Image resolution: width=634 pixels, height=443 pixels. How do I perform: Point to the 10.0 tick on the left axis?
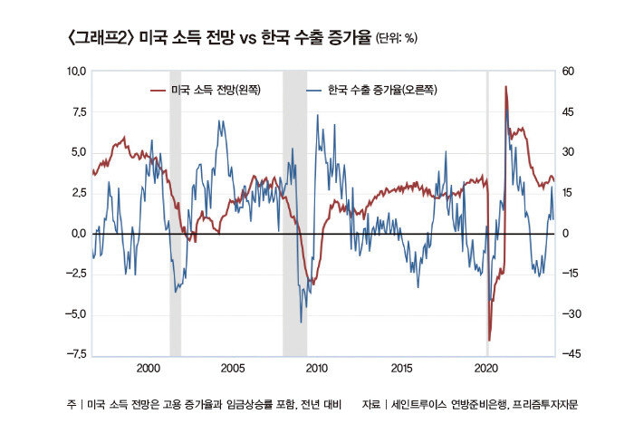tap(75, 71)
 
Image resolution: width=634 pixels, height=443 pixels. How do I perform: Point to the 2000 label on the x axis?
tap(149, 369)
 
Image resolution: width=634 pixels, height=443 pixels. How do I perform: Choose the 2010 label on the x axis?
tap(317, 369)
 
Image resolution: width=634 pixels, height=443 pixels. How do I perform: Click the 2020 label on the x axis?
tap(486, 369)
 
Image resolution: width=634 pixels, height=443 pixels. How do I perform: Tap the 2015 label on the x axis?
tap(402, 369)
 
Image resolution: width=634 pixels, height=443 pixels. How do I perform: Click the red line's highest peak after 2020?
tap(505, 88)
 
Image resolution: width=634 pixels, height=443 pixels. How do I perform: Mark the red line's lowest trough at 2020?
tap(489, 340)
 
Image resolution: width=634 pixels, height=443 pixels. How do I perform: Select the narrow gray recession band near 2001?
tap(175, 213)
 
